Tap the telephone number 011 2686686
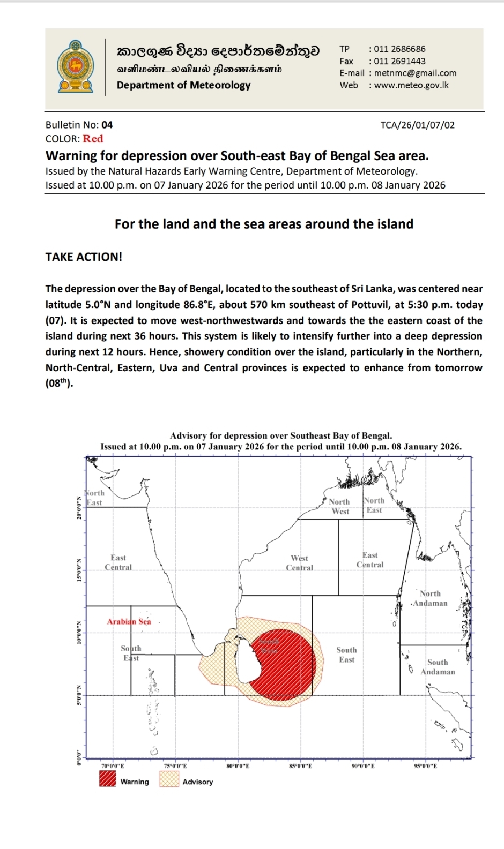399,49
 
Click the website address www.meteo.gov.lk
411,85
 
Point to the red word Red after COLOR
93,139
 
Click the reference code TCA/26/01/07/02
417,125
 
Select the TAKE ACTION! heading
84,257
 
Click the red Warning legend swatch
108,778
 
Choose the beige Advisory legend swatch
169,778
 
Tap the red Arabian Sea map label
129,621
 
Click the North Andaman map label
429,598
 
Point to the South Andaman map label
438,667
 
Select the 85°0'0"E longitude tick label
300,766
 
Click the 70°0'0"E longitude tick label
113,766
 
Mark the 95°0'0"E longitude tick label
425,766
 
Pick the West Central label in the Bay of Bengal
299,562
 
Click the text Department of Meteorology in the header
183,85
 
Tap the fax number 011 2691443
399,61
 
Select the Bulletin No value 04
107,125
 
